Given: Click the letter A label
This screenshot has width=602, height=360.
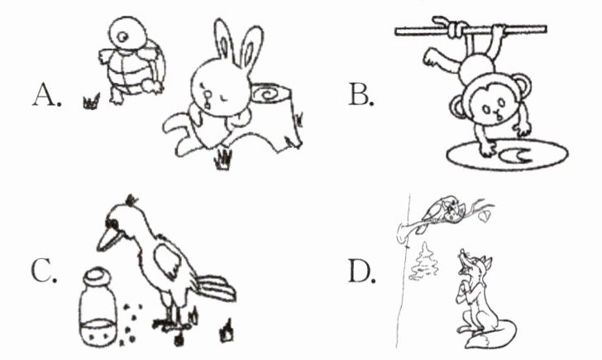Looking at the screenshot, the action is click(x=46, y=95).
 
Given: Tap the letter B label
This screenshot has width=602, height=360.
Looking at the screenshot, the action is click(x=361, y=94).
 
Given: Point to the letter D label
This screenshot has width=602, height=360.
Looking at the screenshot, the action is click(x=361, y=271).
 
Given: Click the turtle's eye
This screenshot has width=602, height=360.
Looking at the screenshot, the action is click(x=123, y=37).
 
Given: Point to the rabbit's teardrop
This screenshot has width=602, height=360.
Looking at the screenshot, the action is click(x=208, y=98).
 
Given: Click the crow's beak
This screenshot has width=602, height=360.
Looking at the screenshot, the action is click(x=108, y=238).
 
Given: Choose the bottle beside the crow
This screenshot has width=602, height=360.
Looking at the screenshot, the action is click(x=98, y=307).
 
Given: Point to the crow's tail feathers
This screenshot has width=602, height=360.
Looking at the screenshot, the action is click(x=216, y=288).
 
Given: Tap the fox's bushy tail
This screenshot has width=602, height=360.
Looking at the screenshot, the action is click(x=494, y=334).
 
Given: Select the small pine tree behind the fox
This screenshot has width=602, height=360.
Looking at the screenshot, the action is click(x=424, y=262).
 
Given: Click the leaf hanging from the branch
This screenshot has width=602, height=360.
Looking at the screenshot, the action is click(x=484, y=216).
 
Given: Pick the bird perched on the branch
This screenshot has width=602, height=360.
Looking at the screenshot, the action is click(x=442, y=212).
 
